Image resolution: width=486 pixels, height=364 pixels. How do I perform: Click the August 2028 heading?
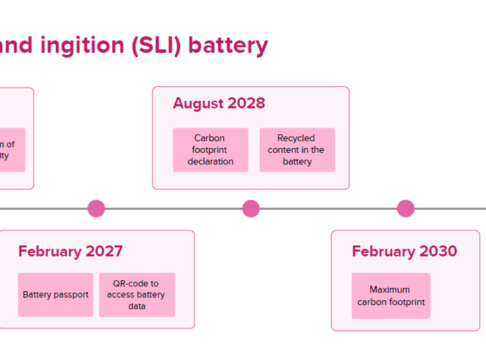pos(219,103)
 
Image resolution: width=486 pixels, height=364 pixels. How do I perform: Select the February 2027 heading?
pos(70,251)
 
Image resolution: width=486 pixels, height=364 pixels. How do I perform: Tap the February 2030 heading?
pos(404,251)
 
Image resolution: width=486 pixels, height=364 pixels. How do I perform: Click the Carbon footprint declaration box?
pos(210,150)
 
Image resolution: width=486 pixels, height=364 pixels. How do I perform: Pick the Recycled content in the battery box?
pos(297,150)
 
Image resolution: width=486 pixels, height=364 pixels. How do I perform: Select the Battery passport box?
pos(55,295)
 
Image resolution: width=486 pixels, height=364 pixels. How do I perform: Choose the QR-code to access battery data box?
pos(137,295)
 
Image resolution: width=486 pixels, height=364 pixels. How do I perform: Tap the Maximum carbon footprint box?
pos(391,295)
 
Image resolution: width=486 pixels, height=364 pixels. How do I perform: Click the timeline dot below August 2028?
pos(251,208)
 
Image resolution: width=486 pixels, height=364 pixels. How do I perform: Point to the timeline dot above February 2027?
pos(96,208)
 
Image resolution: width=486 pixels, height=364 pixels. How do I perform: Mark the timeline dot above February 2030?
pos(406,208)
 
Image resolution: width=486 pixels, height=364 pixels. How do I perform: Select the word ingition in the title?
pos(83,46)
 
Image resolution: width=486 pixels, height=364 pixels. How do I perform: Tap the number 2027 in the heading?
pos(104,251)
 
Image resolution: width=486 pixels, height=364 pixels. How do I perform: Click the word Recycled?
pos(296,138)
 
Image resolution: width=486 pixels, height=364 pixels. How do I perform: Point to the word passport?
pos(71,295)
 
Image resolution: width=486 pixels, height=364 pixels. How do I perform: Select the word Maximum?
pos(390,290)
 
